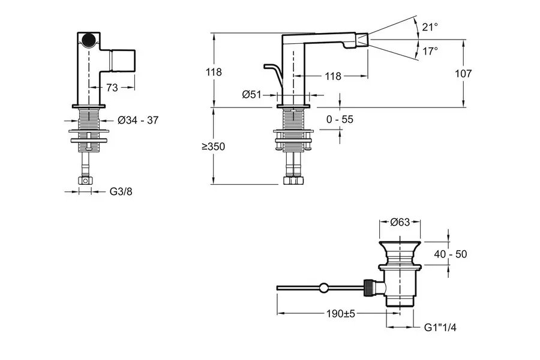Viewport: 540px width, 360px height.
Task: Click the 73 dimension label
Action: coord(112,88)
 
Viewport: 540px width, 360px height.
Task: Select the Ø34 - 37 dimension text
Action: coord(139,120)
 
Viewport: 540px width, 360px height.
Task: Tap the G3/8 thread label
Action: coord(120,192)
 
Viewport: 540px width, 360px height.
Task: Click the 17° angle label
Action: coord(430,52)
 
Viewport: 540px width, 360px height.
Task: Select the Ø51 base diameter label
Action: coord(253,94)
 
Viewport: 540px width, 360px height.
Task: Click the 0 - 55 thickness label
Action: coord(340,119)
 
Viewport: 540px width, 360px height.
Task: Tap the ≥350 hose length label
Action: coord(213,146)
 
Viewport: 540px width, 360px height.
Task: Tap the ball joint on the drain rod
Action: coord(324,288)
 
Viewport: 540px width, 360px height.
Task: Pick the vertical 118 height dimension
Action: coord(213,72)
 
